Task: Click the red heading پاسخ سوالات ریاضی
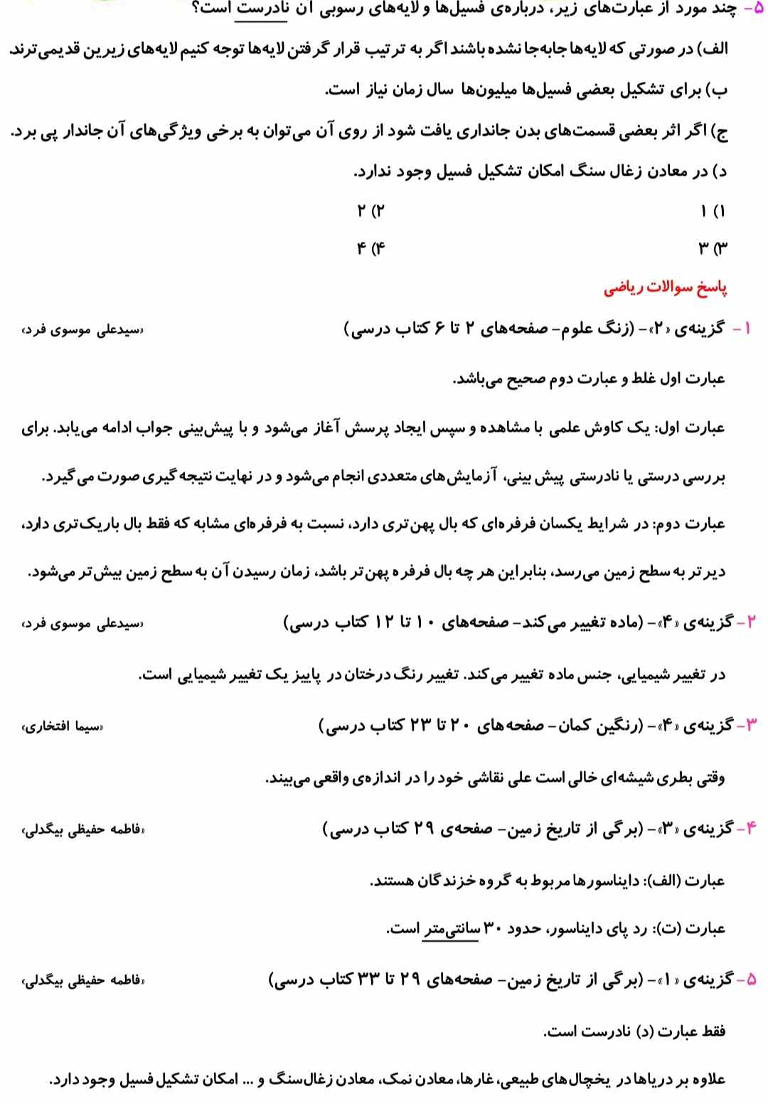click(666, 288)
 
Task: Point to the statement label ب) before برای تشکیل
click(719, 91)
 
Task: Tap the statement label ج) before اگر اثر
click(720, 132)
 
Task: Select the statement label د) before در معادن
click(720, 171)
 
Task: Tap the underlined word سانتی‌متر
click(452, 929)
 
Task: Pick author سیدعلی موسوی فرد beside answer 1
click(82, 330)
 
